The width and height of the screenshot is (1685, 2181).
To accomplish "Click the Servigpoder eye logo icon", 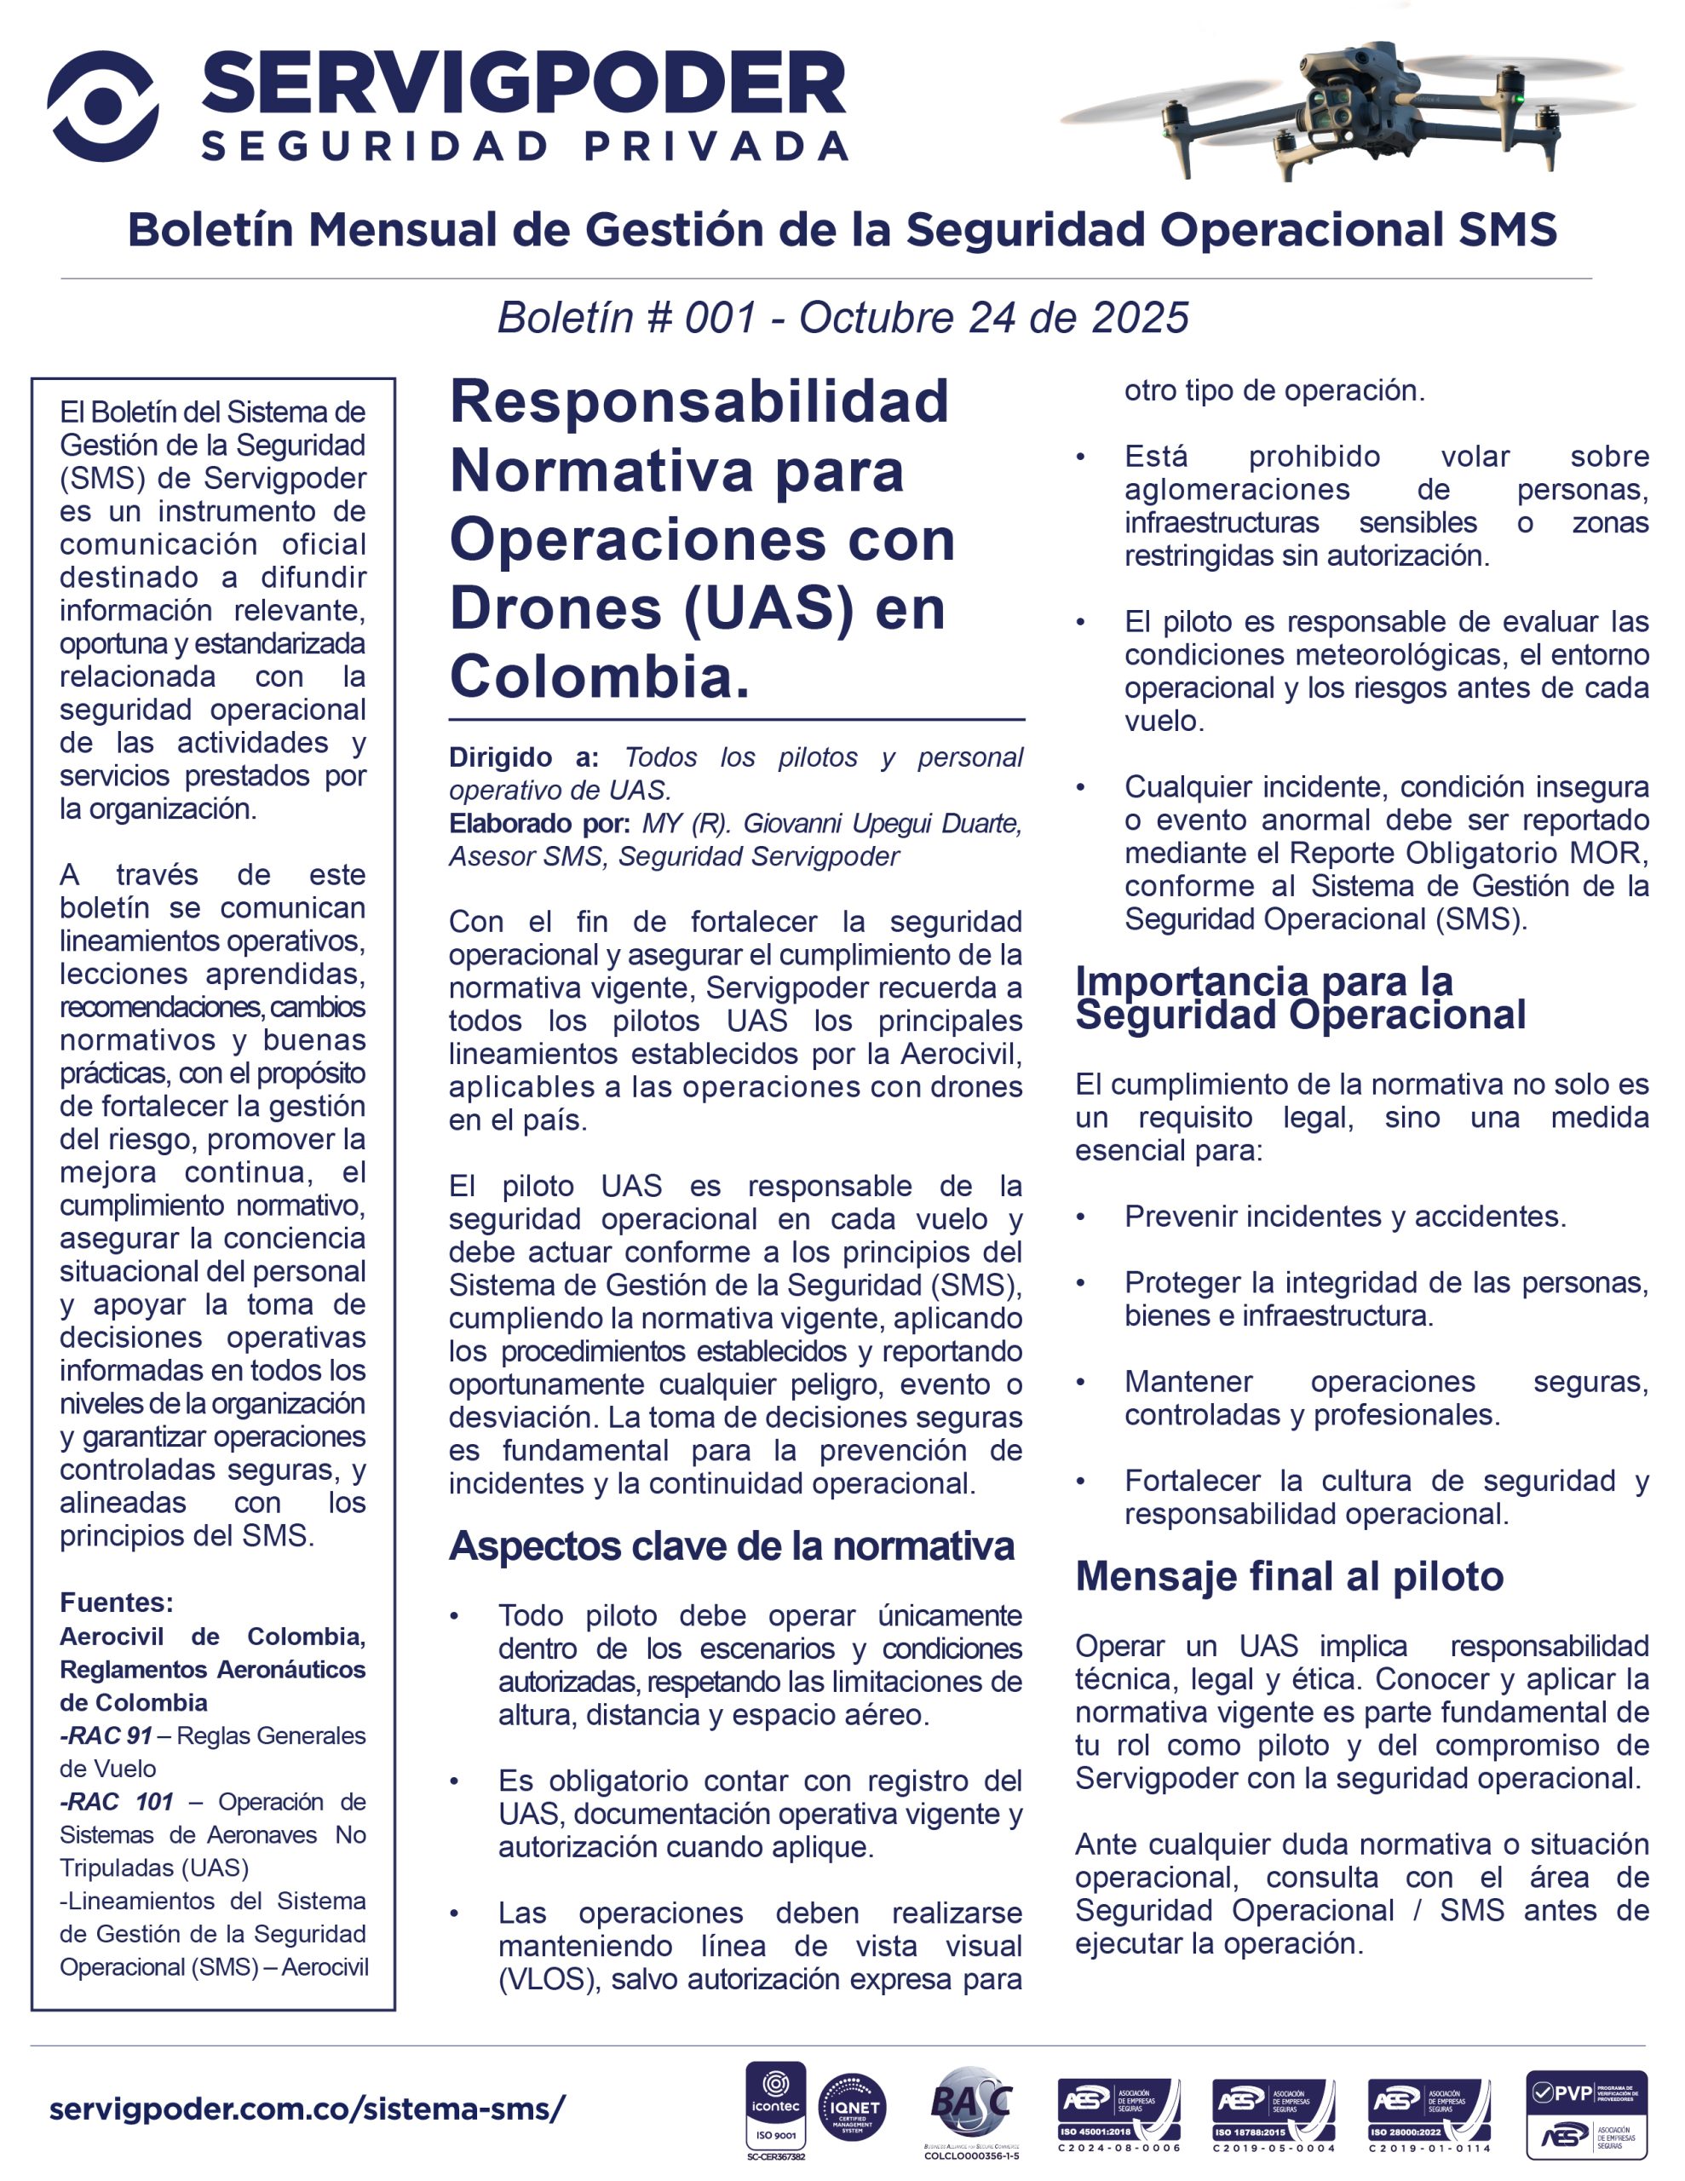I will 102,106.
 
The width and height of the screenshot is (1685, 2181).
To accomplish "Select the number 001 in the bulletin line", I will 719,318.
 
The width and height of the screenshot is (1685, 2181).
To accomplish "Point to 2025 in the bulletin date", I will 1140,318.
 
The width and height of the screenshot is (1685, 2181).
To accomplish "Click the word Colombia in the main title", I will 598,677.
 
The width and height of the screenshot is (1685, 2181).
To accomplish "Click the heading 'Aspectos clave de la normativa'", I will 731,1546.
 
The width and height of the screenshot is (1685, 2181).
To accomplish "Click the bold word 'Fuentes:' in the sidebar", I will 116,1602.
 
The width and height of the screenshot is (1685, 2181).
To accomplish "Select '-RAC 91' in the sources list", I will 105,1735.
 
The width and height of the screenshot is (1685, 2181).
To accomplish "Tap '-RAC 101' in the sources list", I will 117,1802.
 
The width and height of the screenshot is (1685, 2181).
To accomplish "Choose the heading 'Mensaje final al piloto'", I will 1289,1576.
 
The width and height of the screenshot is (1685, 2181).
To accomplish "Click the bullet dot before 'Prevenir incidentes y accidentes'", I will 1081,1217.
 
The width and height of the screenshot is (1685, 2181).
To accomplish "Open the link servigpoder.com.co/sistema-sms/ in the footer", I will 307,2109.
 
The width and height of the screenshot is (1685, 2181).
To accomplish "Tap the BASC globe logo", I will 969,2101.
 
